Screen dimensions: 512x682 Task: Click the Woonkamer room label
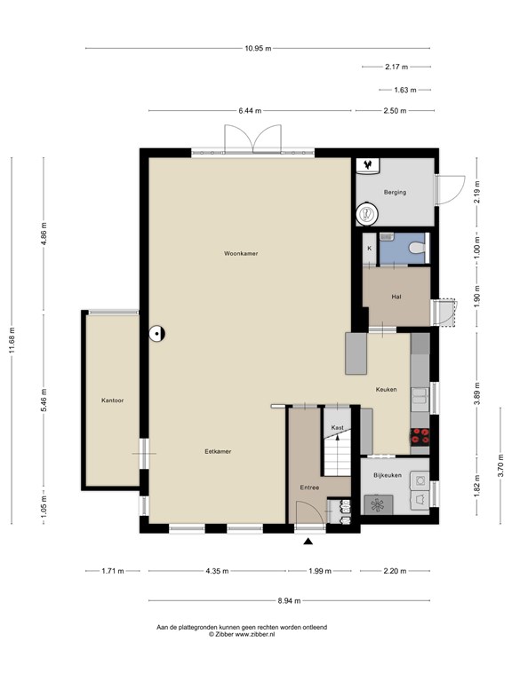point(241,253)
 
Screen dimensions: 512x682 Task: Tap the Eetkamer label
point(218,451)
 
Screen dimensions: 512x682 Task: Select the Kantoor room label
point(112,400)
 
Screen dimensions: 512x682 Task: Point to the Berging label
point(395,192)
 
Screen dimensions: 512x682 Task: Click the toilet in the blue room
point(418,248)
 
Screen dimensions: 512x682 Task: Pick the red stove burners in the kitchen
point(420,436)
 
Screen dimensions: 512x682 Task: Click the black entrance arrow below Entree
point(308,541)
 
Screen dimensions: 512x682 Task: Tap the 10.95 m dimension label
point(258,48)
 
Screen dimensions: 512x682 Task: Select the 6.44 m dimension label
point(250,110)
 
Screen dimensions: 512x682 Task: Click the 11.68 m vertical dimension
point(12,341)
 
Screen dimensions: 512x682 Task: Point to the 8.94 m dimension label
point(289,600)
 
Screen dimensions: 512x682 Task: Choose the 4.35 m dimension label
point(217,571)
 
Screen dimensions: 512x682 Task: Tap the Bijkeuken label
point(388,475)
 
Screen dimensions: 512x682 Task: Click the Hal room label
point(396,297)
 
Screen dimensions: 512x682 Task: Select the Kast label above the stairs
point(338,427)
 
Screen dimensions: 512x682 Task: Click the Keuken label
point(386,389)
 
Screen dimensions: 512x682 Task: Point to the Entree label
point(309,488)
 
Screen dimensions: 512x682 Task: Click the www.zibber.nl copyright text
point(242,634)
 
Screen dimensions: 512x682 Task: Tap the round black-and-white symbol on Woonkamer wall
point(156,334)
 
